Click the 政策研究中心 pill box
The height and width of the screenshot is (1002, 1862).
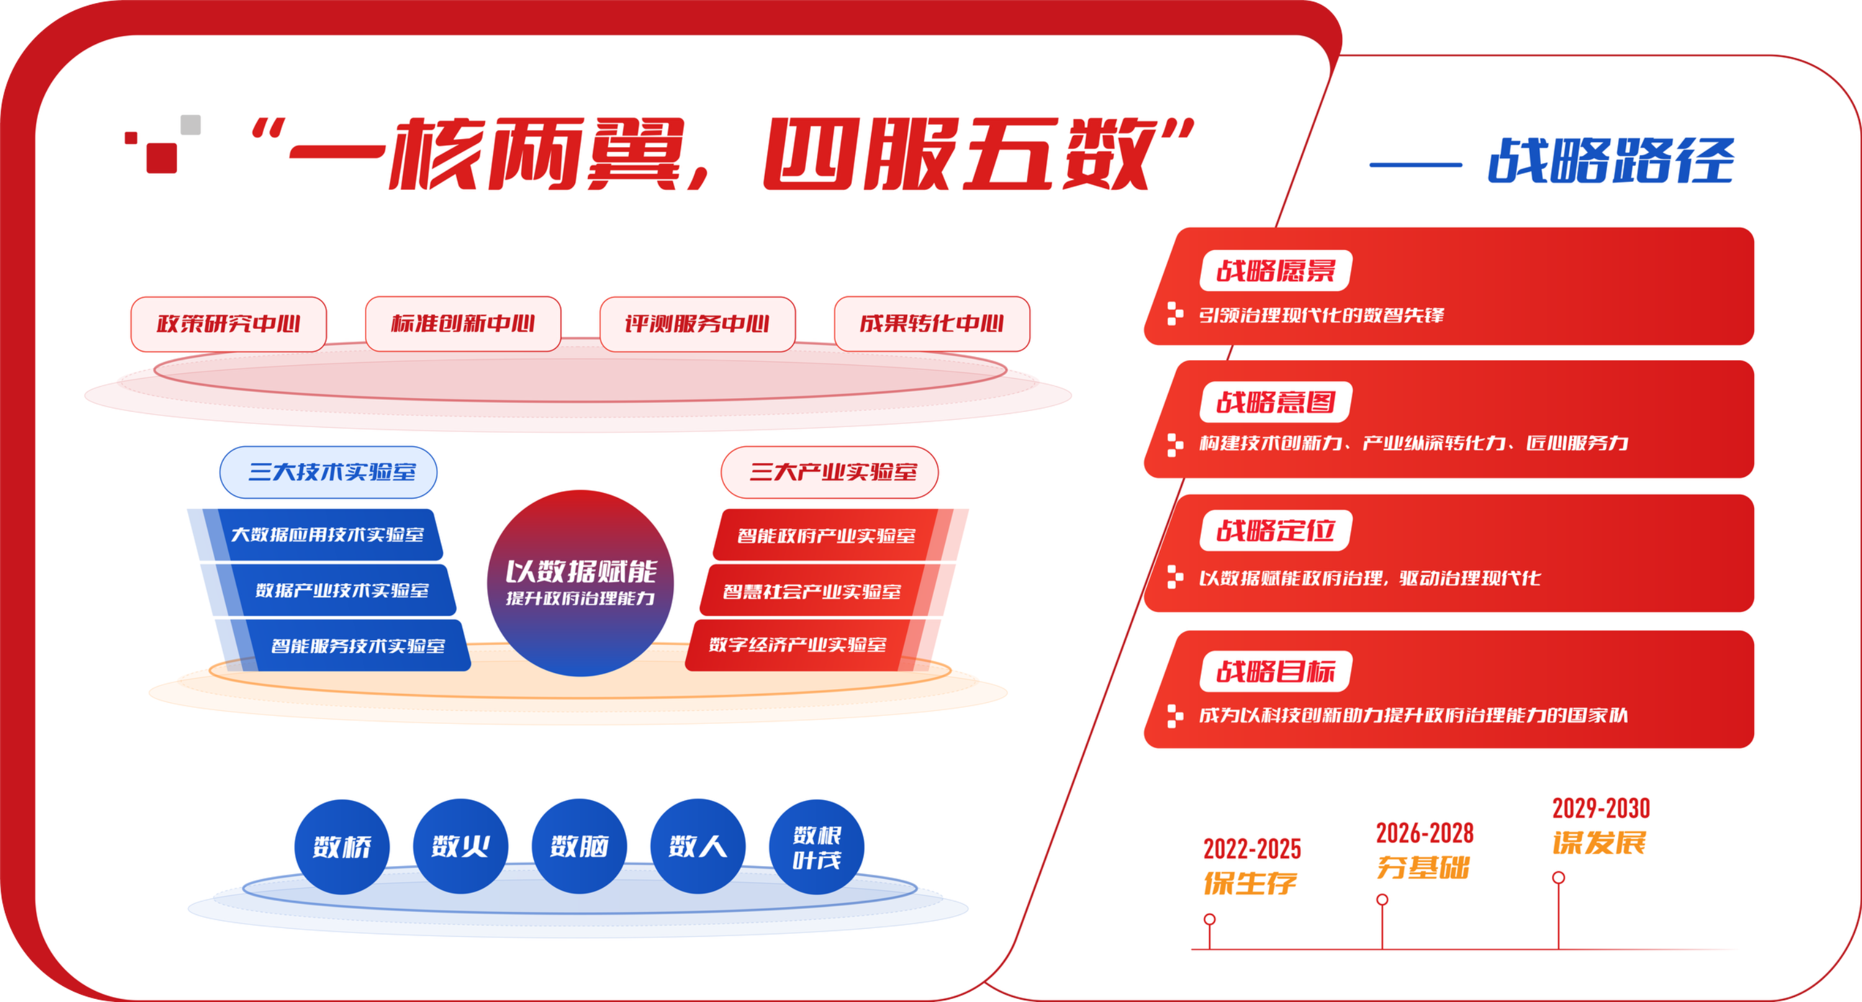coord(228,324)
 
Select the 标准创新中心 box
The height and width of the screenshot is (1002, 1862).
coord(463,324)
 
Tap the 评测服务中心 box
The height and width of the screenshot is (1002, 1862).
coord(697,324)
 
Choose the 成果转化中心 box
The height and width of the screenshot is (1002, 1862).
coord(932,324)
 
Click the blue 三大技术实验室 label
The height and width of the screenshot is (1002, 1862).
coord(328,472)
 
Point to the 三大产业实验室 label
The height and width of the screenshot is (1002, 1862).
coord(830,472)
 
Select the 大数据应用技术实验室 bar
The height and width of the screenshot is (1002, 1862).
coord(325,535)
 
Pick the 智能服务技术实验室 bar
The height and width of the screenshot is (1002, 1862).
coord(354,646)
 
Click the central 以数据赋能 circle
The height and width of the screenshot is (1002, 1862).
coord(581,584)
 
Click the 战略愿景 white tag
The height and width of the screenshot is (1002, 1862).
coord(1276,271)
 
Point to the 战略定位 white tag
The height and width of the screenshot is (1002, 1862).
coord(1276,531)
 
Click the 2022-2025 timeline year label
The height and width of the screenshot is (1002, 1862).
coord(1252,849)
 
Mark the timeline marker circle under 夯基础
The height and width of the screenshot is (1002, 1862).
coord(1382,900)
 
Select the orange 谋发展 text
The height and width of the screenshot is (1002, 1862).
coord(1599,843)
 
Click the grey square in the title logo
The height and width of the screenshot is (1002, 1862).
coord(191,124)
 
